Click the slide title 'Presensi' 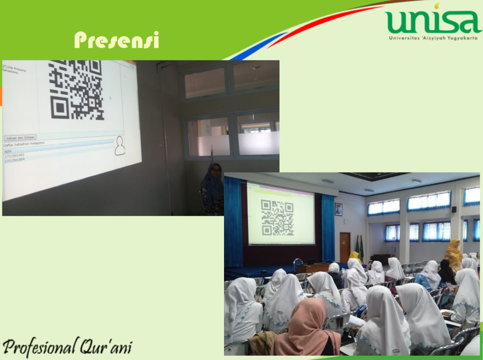pyautogui.click(x=116, y=41)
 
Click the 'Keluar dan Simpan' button pyautogui.click(x=20, y=138)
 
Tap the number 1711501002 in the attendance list pyautogui.click(x=15, y=155)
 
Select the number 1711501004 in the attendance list pyautogui.click(x=15, y=160)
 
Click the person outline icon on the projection pyautogui.click(x=120, y=146)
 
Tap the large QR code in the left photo pyautogui.click(x=77, y=90)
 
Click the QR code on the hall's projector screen pyautogui.click(x=277, y=217)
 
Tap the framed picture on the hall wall pyautogui.click(x=339, y=209)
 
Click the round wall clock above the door pyautogui.click(x=345, y=221)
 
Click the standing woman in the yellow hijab pyautogui.click(x=454, y=254)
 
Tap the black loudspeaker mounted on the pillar pyautogui.click(x=454, y=209)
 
